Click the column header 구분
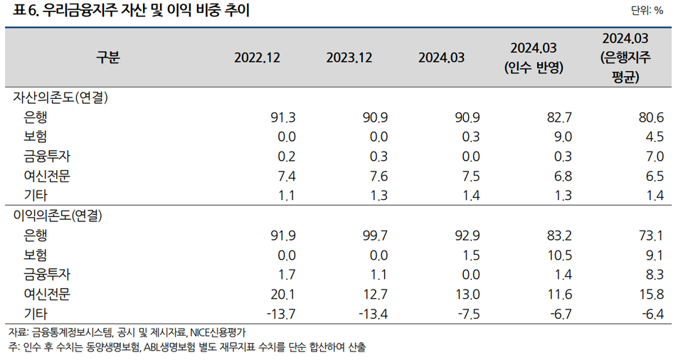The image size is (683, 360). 108,58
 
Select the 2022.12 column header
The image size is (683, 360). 258,58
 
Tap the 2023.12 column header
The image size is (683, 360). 349,58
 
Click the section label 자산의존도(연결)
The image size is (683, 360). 61,97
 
